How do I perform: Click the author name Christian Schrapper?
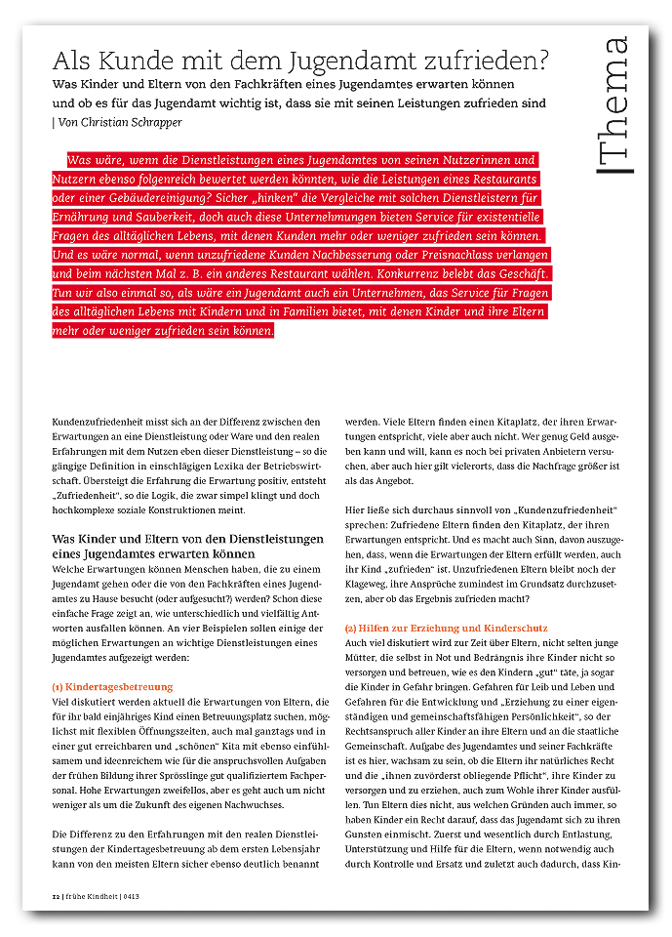pyautogui.click(x=137, y=123)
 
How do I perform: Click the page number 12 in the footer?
pyautogui.click(x=56, y=894)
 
